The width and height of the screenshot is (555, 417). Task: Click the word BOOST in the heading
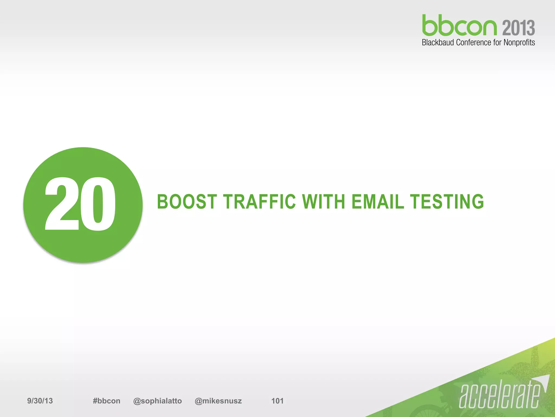point(187,202)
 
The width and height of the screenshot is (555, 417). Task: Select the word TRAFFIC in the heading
point(260,202)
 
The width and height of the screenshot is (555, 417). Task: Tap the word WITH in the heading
point(324,202)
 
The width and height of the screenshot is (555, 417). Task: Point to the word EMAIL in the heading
point(378,202)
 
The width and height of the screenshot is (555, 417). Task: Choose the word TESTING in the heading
point(447,202)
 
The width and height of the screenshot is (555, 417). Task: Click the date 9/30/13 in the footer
point(40,401)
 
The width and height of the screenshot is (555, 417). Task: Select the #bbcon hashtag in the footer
point(107,401)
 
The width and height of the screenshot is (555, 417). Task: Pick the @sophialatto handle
point(157,401)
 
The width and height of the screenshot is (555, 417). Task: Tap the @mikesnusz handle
point(218,401)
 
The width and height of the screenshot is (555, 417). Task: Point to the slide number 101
point(277,401)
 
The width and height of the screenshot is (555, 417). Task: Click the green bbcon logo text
point(459,26)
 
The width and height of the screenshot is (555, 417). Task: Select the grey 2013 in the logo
point(519,28)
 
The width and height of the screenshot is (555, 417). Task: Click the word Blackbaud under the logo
point(438,43)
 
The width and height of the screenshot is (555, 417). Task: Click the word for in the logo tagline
point(497,43)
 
